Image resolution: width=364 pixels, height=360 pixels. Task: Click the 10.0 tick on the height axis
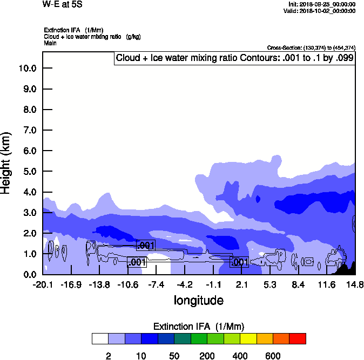point(28,69)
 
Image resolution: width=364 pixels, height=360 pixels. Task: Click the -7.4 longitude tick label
point(156,284)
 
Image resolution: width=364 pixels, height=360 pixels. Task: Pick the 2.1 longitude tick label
point(241,284)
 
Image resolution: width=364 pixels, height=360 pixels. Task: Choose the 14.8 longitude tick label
point(355,284)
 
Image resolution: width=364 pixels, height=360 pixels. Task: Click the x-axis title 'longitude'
point(198,300)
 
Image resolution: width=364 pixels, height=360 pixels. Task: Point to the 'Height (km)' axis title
point(7,163)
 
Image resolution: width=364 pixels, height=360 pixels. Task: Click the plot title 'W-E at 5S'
point(60,4)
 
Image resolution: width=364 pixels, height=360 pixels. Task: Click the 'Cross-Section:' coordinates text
point(311,47)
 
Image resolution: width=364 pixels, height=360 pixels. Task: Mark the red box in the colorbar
point(297,338)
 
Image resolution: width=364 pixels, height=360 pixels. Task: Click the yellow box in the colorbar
point(248,338)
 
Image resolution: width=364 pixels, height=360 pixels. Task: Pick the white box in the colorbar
point(100,338)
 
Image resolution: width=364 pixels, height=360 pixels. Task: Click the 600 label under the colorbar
point(273,356)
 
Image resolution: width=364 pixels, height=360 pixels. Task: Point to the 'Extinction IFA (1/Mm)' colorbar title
point(199,326)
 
